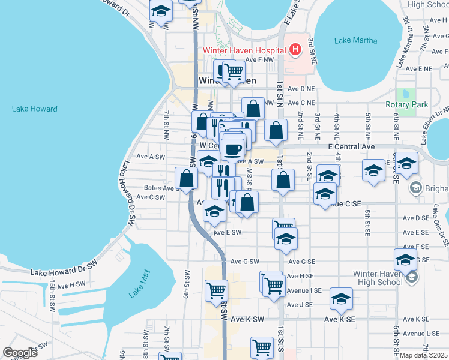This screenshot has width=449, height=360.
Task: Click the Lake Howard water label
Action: pyautogui.click(x=34, y=109)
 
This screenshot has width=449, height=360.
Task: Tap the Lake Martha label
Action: pyautogui.click(x=356, y=41)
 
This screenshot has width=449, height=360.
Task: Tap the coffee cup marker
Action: pyautogui.click(x=233, y=149)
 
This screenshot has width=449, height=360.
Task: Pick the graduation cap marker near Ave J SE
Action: pyautogui.click(x=341, y=299)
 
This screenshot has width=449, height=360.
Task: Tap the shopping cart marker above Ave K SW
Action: pyautogui.click(x=216, y=291)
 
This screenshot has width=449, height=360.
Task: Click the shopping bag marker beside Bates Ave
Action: pyautogui.click(x=186, y=178)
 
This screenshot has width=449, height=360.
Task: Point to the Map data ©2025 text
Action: pyautogui.click(x=424, y=355)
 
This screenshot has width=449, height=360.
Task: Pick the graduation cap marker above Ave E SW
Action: pyautogui.click(x=214, y=211)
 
